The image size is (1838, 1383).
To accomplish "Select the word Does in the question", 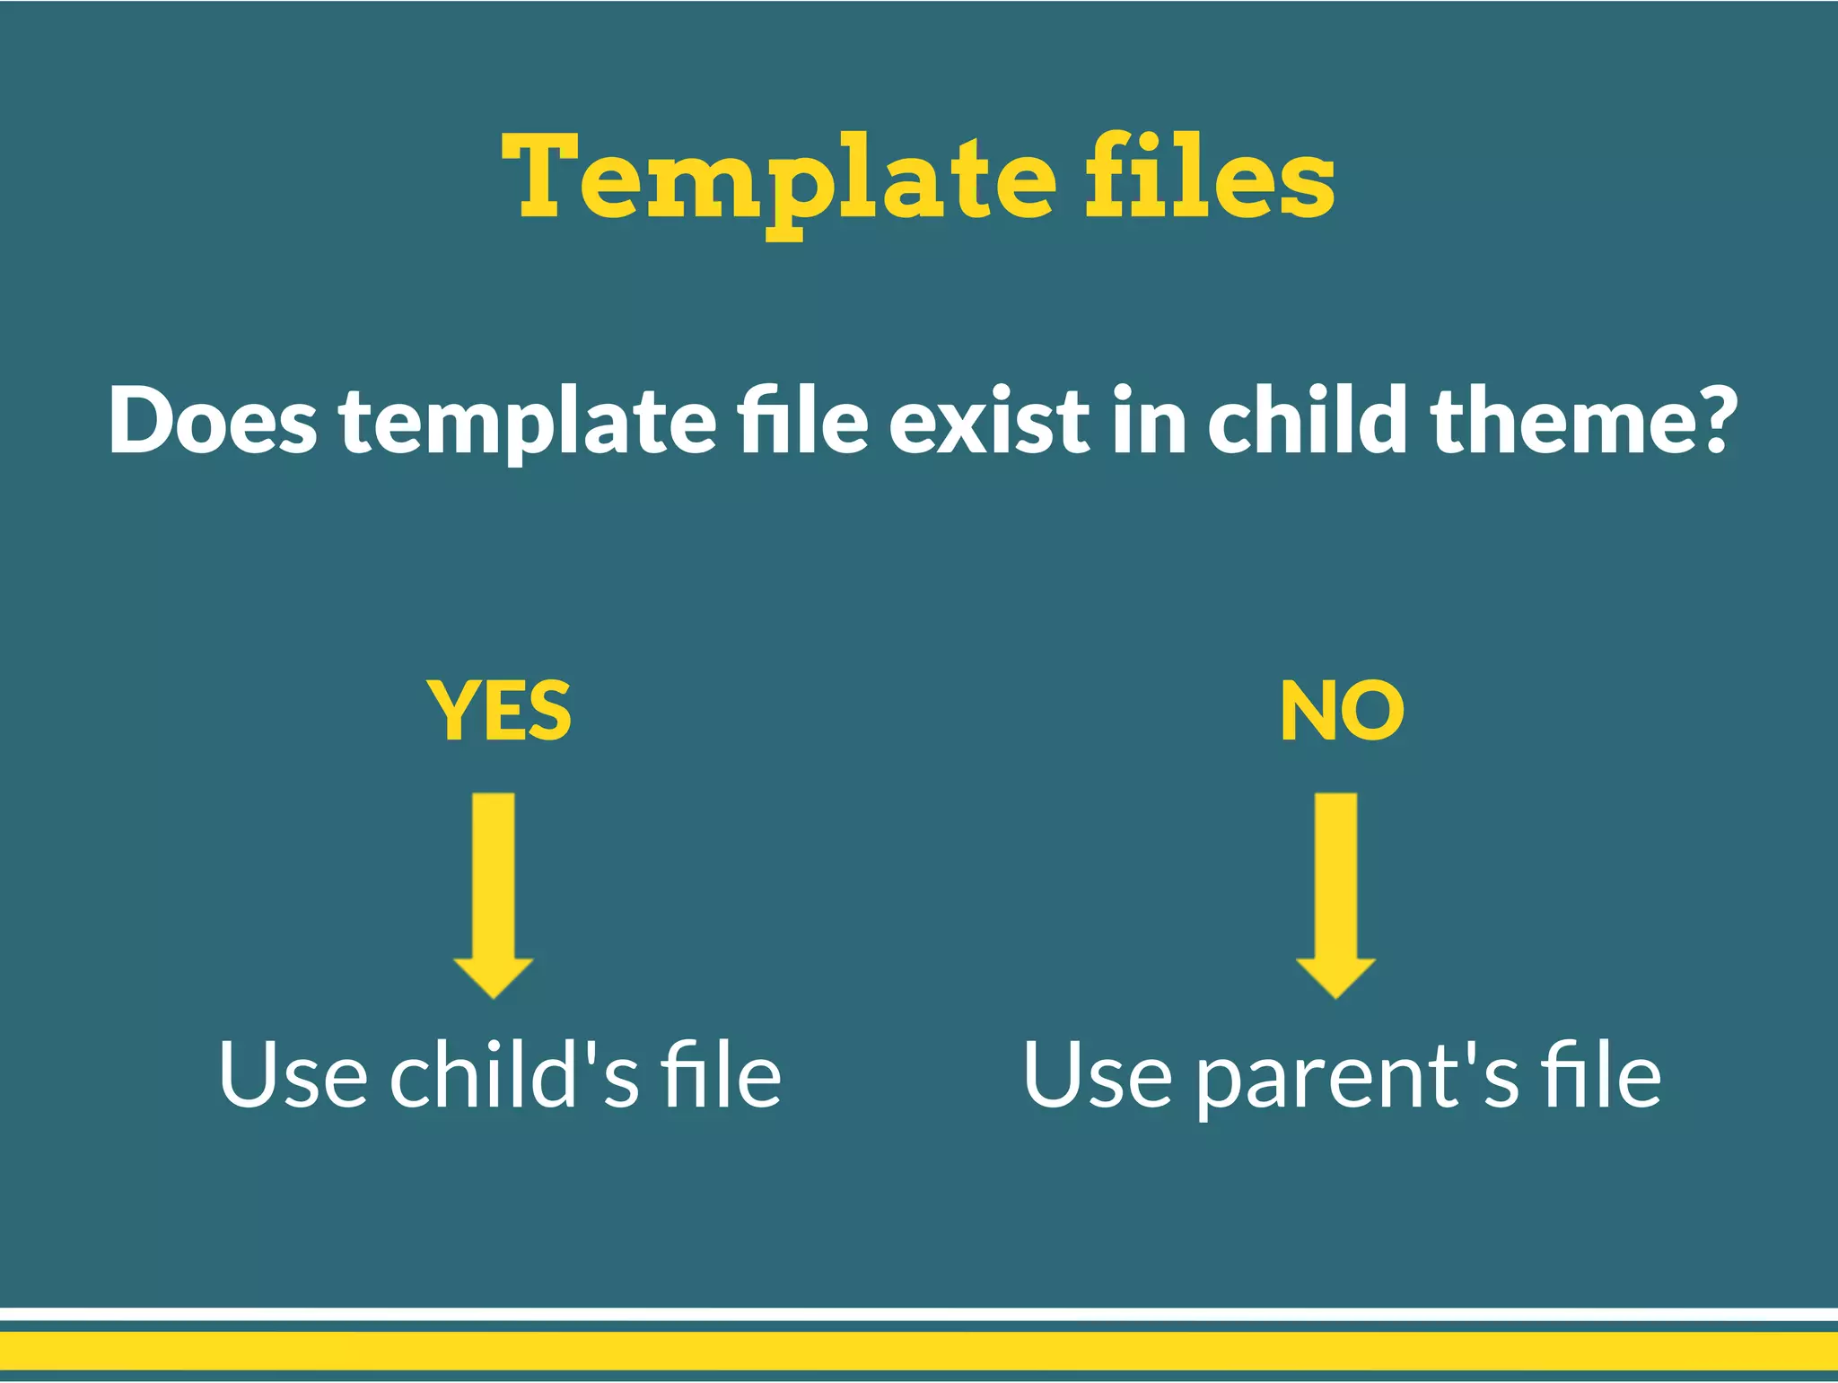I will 213,419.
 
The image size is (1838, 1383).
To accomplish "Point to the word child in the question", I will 1308,419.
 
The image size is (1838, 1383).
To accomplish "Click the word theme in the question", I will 1562,419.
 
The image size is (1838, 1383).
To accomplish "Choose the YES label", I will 499,711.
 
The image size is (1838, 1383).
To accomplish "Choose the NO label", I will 1342,711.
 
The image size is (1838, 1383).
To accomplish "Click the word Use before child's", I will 293,1074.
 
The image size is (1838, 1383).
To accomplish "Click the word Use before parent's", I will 1098,1074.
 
